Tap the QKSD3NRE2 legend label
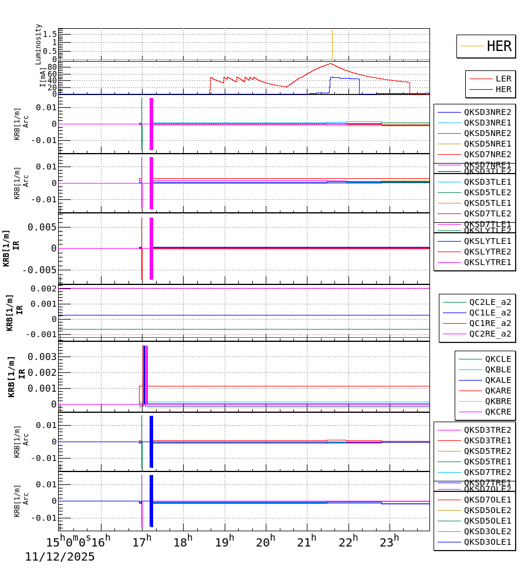(488, 112)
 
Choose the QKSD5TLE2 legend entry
(488, 192)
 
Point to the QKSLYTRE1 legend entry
(488, 262)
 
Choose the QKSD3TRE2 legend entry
(488, 430)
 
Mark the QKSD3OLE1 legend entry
(488, 542)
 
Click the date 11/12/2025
(59, 557)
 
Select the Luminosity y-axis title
(39, 44)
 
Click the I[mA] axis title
(43, 77)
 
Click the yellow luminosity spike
(332, 44)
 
